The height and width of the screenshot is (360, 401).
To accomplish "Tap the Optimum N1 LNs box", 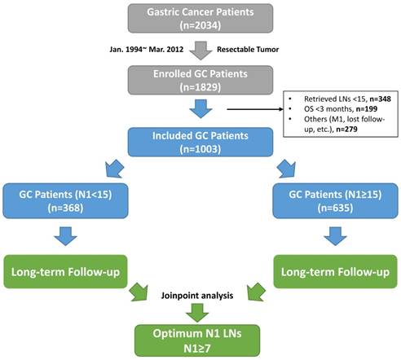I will pos(200,336).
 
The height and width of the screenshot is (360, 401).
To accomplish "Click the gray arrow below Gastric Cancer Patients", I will pos(200,51).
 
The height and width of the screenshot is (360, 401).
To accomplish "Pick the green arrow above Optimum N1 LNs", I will pos(200,312).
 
